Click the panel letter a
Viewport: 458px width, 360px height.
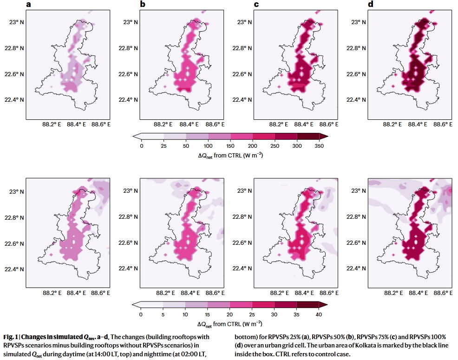pyautogui.click(x=29, y=5)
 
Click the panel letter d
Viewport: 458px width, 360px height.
pyautogui.click(x=370, y=5)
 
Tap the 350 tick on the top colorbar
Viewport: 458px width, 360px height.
pyautogui.click(x=319, y=145)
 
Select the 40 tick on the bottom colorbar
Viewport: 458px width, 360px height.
pyautogui.click(x=319, y=314)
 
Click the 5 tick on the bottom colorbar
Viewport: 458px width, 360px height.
pyautogui.click(x=164, y=314)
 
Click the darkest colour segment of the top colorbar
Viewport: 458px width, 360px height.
pyautogui.click(x=308, y=136)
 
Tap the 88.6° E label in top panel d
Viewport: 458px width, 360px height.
pyautogui.click(x=438, y=124)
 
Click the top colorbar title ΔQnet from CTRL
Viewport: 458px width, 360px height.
pyautogui.click(x=230, y=155)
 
